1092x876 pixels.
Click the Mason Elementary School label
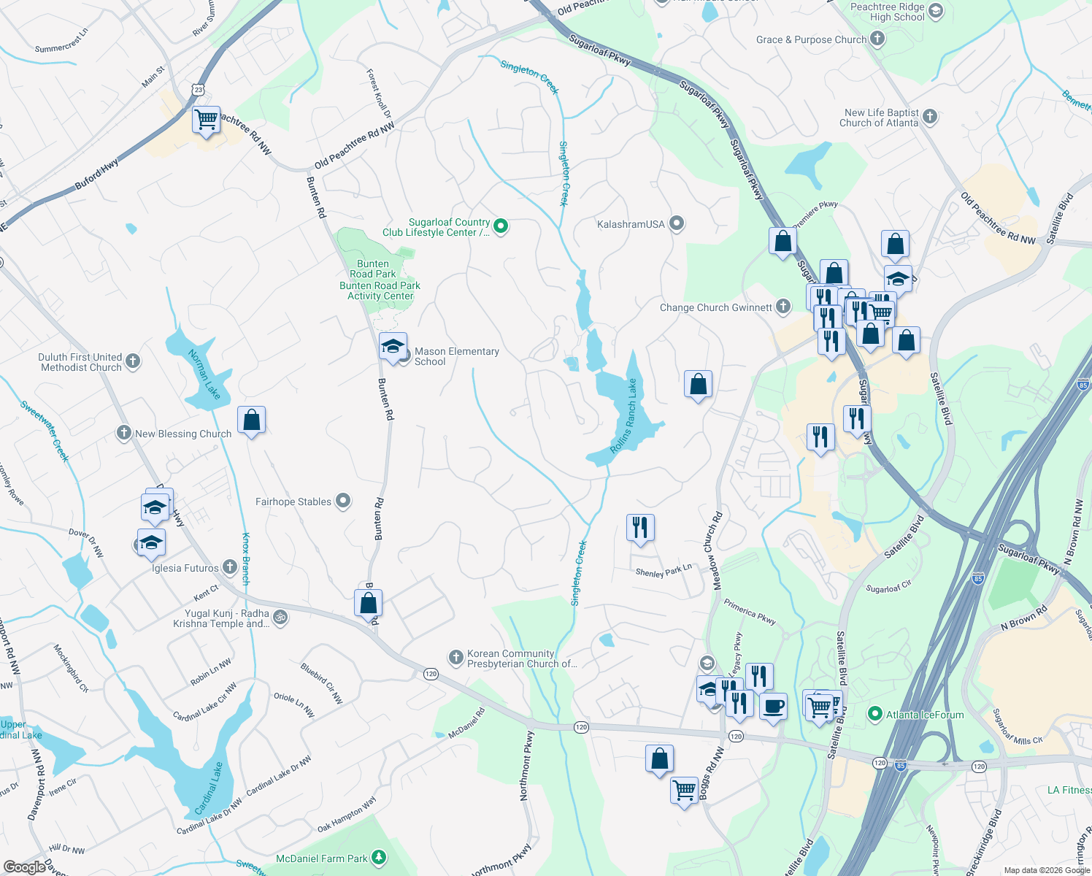pyautogui.click(x=456, y=356)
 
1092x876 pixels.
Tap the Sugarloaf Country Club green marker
pyautogui.click(x=501, y=226)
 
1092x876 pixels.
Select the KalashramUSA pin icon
pyautogui.click(x=677, y=223)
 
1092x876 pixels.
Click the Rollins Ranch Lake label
pyautogui.click(x=624, y=416)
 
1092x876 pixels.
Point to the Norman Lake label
pyautogui.click(x=204, y=374)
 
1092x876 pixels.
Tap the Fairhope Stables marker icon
pyautogui.click(x=343, y=502)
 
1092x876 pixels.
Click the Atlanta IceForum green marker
pyautogui.click(x=875, y=715)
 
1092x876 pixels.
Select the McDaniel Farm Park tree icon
pyautogui.click(x=378, y=857)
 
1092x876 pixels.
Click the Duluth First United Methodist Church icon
pyautogui.click(x=133, y=361)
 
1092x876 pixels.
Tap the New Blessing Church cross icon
pyautogui.click(x=124, y=433)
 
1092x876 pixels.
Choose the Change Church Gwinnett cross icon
pyautogui.click(x=783, y=307)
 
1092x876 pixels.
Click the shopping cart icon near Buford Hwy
pyautogui.click(x=207, y=119)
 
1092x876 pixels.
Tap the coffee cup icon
pyautogui.click(x=774, y=706)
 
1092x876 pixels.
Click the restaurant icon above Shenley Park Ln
pyautogui.click(x=640, y=527)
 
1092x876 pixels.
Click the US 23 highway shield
pyautogui.click(x=199, y=90)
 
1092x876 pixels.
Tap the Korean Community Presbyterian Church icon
pyautogui.click(x=456, y=658)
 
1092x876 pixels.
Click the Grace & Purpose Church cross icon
pyautogui.click(x=877, y=39)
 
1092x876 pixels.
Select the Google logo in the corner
pyautogui.click(x=24, y=867)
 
